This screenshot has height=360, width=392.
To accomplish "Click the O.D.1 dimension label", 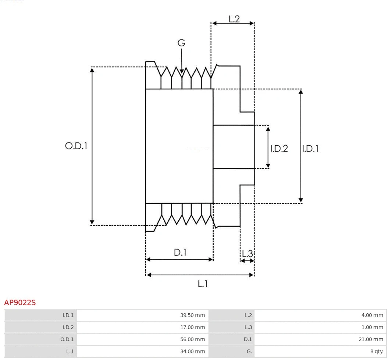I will pyautogui.click(x=76, y=146).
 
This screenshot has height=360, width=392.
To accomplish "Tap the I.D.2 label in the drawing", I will pyautogui.click(x=279, y=149).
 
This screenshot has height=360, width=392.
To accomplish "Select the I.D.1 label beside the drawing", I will pyautogui.click(x=310, y=149).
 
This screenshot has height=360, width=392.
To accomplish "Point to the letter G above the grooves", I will pyautogui.click(x=181, y=43).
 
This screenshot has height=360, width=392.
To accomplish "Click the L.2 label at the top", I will pyautogui.click(x=234, y=19).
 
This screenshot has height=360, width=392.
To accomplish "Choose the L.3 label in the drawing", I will pyautogui.click(x=247, y=253).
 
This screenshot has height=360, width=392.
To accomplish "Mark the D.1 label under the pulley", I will pyautogui.click(x=180, y=253).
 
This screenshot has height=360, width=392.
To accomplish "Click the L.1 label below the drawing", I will pyautogui.click(x=203, y=284).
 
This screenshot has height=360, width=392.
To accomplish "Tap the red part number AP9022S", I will pyautogui.click(x=20, y=303).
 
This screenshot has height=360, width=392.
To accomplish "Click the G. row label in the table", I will pyautogui.click(x=249, y=352).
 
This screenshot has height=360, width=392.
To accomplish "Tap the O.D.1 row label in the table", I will pyautogui.click(x=67, y=339).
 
